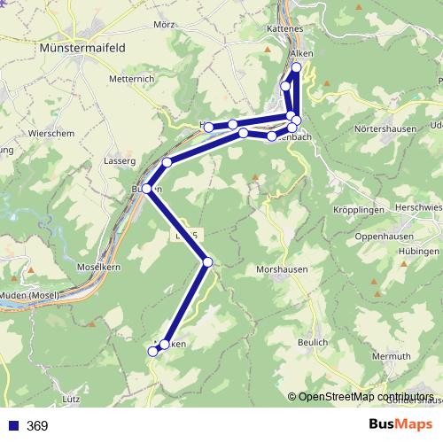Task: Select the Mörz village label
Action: pos(164,25)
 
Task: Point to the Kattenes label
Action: pos(285,29)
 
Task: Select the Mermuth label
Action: pos(393,356)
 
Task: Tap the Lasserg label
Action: pos(120,161)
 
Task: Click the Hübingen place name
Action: pos(419,251)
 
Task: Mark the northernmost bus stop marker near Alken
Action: pos(296,67)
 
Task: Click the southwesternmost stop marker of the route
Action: pos(152,352)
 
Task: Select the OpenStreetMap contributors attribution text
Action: pos(365,397)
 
